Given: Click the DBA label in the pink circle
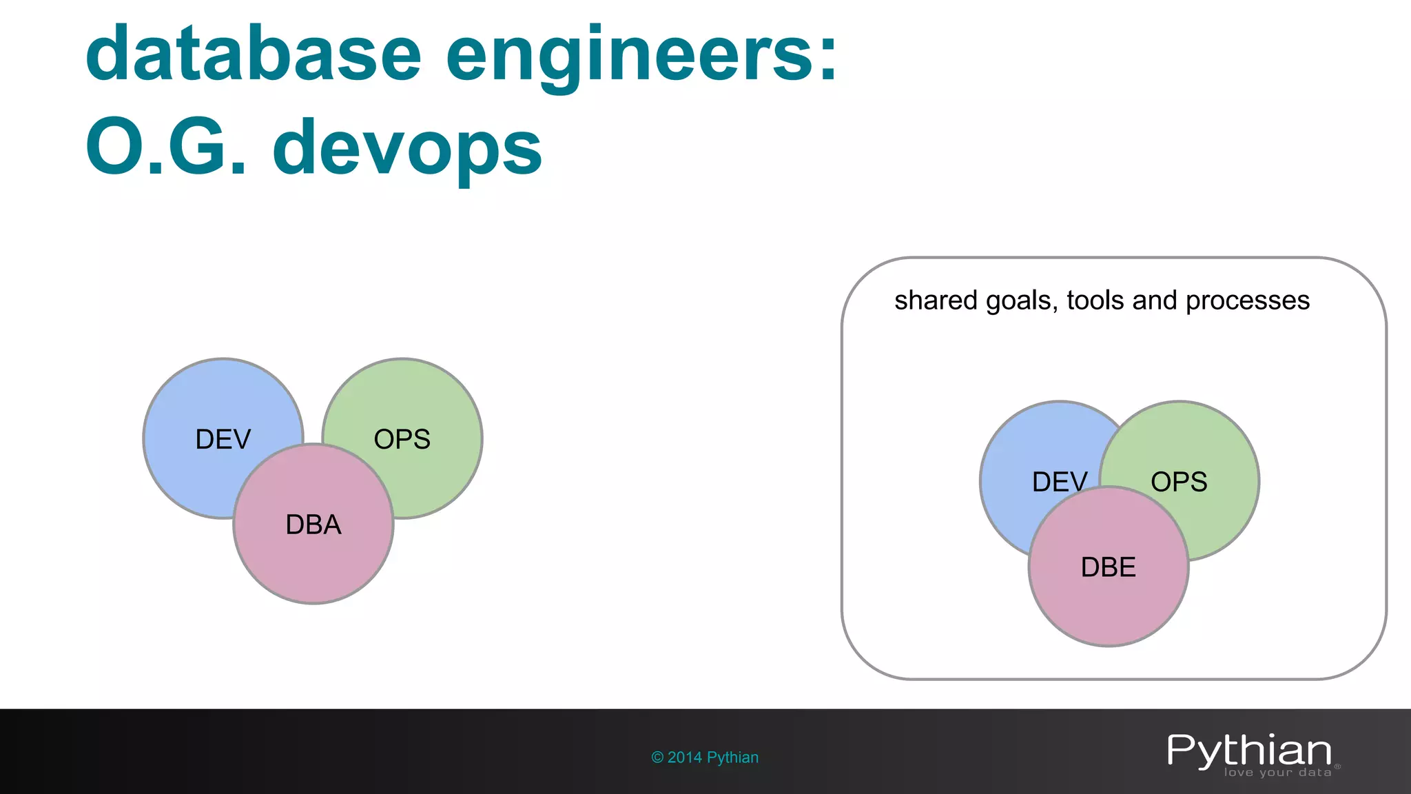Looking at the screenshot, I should [x=313, y=525].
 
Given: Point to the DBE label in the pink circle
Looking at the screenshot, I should [x=1108, y=567].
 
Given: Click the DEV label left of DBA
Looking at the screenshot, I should [x=223, y=440].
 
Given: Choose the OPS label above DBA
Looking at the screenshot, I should [x=402, y=440].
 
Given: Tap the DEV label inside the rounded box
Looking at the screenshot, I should [x=1059, y=482].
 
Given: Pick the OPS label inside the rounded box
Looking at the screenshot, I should [x=1179, y=482].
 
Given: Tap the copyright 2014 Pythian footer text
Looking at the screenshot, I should [x=705, y=757].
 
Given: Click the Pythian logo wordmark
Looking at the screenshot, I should [x=1249, y=751].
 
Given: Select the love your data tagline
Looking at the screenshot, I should [x=1277, y=773].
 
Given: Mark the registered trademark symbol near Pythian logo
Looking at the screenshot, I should [x=1337, y=766].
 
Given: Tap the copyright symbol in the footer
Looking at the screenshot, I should [x=657, y=757].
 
